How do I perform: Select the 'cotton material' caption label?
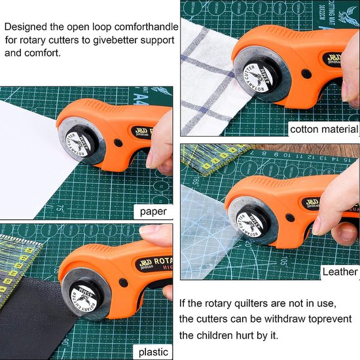[x=323, y=129]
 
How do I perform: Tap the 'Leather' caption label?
[x=340, y=272]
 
